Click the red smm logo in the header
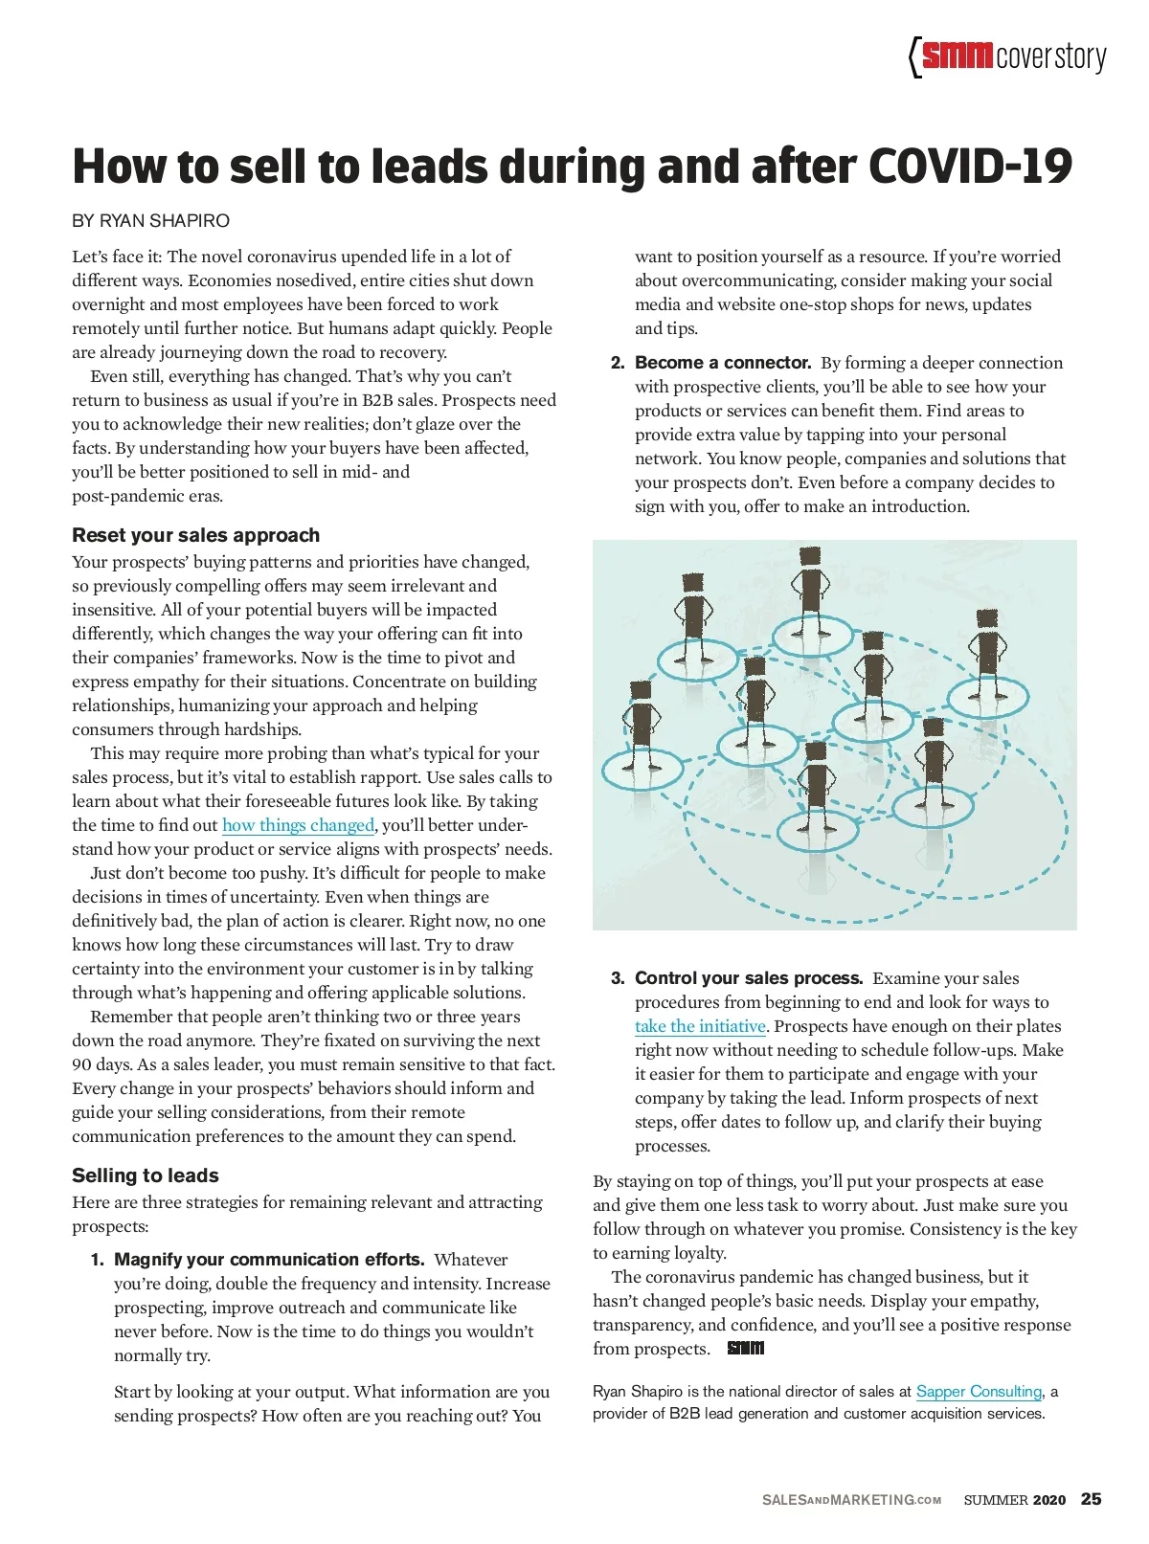[957, 56]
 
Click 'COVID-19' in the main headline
[970, 167]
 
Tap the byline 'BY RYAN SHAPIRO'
[150, 221]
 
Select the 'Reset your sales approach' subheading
[195, 535]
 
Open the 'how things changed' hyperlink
[298, 825]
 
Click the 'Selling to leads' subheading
[146, 1175]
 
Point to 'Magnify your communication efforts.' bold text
[269, 1260]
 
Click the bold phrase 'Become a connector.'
[723, 363]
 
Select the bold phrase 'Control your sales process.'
[749, 978]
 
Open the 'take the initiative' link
[700, 1026]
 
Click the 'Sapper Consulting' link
[979, 1392]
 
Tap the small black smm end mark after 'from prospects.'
[746, 1349]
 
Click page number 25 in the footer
[1091, 1499]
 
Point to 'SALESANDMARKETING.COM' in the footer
[851, 1500]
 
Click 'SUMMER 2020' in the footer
[1014, 1500]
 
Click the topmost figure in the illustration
[810, 589]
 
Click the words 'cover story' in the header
[1050, 57]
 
